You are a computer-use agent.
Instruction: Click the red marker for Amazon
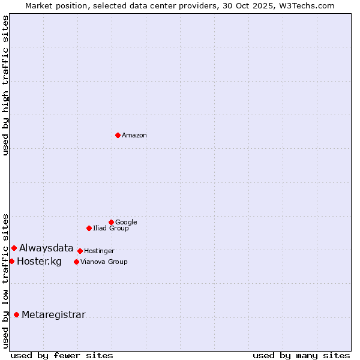click(118, 135)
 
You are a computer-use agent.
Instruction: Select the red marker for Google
click(111, 222)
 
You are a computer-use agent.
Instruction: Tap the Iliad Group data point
click(89, 228)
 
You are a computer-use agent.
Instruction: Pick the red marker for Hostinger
click(80, 251)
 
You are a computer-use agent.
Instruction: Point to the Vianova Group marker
click(76, 262)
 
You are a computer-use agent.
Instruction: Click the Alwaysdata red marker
click(14, 248)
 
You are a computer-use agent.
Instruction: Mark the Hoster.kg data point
click(11, 261)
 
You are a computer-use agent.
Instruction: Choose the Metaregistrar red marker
click(16, 314)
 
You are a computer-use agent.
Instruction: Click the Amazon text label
click(134, 136)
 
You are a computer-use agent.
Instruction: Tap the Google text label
click(126, 223)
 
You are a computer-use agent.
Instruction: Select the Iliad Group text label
click(111, 229)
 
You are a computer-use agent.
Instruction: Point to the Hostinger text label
click(99, 251)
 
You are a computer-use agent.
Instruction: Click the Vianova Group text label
click(104, 262)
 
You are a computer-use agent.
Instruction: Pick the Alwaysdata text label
click(46, 248)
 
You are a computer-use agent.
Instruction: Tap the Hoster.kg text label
click(39, 261)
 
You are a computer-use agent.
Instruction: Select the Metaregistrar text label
click(53, 315)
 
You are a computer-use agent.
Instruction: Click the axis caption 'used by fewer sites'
click(62, 355)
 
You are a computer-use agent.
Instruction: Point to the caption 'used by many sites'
click(301, 355)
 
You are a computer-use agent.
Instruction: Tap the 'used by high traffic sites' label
click(6, 85)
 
